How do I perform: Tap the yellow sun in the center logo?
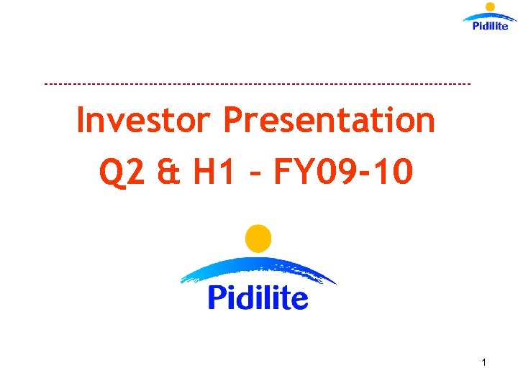point(258,239)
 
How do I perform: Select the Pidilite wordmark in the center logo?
point(258,297)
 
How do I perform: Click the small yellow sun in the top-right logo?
point(491,7)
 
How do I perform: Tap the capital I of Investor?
point(81,121)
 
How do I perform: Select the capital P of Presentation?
point(235,121)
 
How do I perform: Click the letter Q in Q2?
point(111,172)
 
